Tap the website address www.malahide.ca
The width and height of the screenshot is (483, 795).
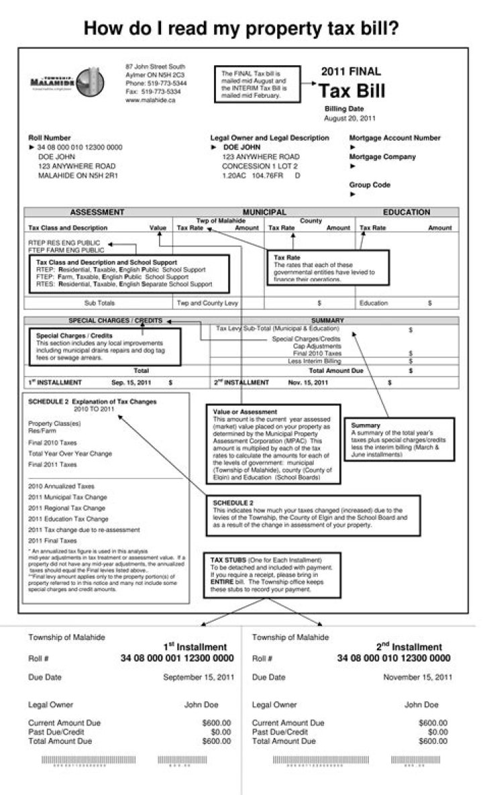click(x=150, y=100)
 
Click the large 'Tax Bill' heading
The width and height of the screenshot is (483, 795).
click(x=352, y=91)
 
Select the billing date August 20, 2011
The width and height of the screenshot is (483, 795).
click(x=350, y=118)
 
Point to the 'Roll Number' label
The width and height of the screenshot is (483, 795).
click(x=50, y=138)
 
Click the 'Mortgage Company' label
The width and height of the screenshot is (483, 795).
click(x=382, y=157)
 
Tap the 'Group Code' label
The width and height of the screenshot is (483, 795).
click(x=370, y=184)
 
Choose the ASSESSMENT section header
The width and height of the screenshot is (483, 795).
click(x=97, y=212)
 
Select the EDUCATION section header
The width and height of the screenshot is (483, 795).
click(x=407, y=212)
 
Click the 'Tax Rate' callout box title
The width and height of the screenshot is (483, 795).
click(x=287, y=257)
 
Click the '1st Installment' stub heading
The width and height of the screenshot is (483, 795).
click(x=195, y=647)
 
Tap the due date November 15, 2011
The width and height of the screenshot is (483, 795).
click(x=417, y=678)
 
